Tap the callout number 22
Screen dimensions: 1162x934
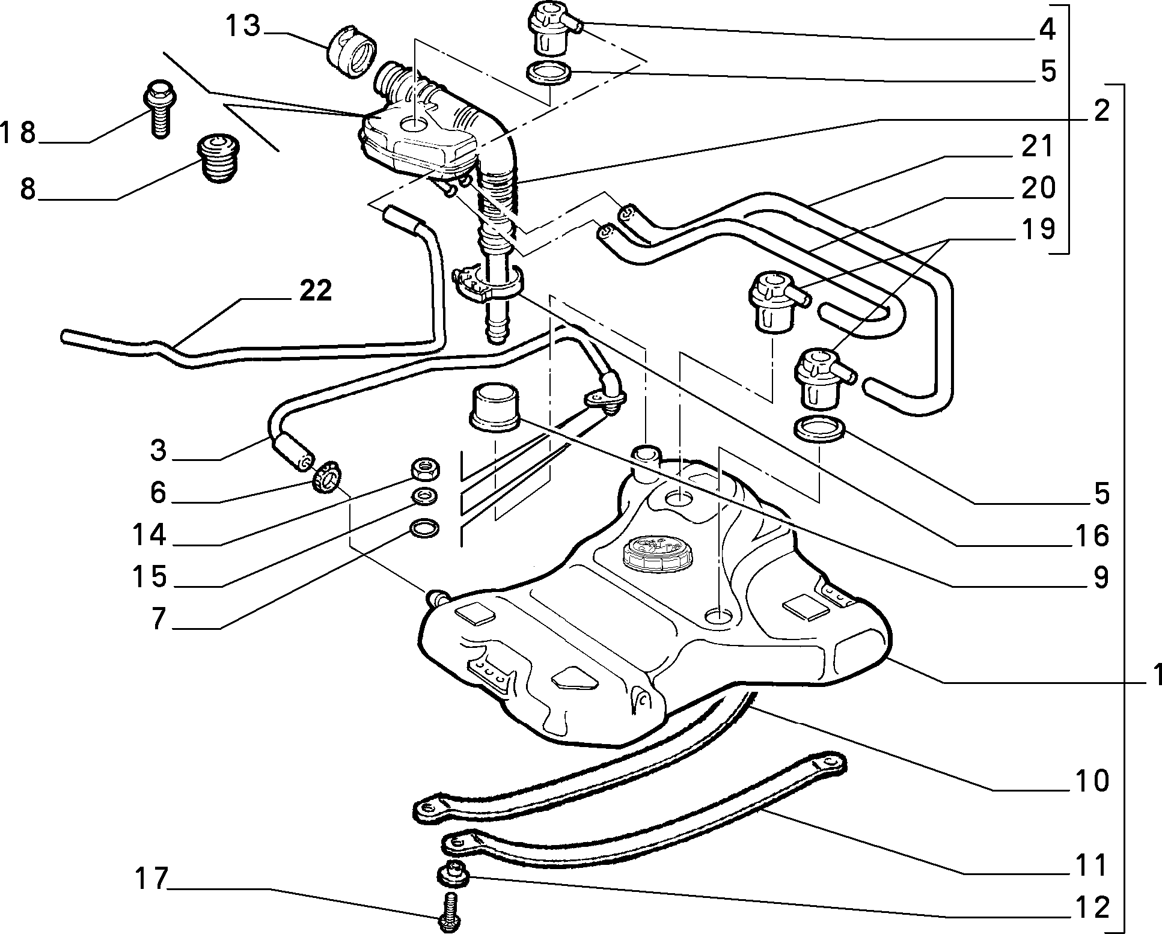click(x=314, y=291)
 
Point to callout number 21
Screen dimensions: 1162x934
click(x=1038, y=146)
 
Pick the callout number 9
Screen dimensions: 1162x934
click(x=1101, y=578)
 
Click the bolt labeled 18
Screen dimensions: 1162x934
click(x=158, y=111)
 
